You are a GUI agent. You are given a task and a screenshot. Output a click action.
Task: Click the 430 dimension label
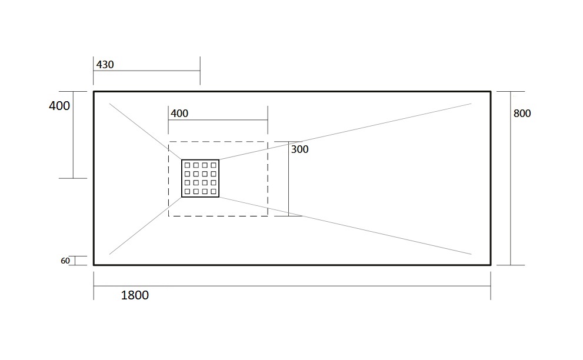click(105, 65)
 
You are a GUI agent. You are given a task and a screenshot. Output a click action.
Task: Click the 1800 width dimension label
click(135, 295)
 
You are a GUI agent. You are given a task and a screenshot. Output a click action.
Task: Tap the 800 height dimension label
click(522, 114)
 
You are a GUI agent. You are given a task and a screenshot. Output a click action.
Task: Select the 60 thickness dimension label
click(65, 261)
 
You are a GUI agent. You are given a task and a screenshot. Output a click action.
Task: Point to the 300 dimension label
click(299, 149)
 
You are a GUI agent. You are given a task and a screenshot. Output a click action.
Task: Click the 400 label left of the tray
click(59, 106)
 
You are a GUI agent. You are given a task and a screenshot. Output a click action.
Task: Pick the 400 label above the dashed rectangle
click(179, 114)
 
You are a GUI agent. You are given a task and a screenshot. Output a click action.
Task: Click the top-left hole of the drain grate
click(188, 165)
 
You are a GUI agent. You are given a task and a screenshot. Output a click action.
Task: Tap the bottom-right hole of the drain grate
click(214, 192)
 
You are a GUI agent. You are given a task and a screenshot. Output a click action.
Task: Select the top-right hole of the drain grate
click(214, 165)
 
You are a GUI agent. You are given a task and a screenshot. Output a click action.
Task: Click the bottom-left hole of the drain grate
click(188, 192)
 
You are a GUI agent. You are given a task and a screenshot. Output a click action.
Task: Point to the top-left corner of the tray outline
click(94, 92)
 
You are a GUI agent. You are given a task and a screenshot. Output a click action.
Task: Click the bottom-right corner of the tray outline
click(491, 265)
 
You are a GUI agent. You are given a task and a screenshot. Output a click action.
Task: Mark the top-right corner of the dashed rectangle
click(268, 142)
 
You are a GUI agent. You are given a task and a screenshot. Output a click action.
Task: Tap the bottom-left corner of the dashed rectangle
click(168, 216)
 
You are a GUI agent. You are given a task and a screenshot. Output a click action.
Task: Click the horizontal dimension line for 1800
click(292, 286)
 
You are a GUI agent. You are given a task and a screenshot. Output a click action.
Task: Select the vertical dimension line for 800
click(511, 178)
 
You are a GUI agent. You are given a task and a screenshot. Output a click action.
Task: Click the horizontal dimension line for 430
click(147, 71)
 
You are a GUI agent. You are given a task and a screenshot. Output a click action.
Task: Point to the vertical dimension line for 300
click(288, 178)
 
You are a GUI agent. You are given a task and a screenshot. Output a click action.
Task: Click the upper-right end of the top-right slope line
click(471, 104)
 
